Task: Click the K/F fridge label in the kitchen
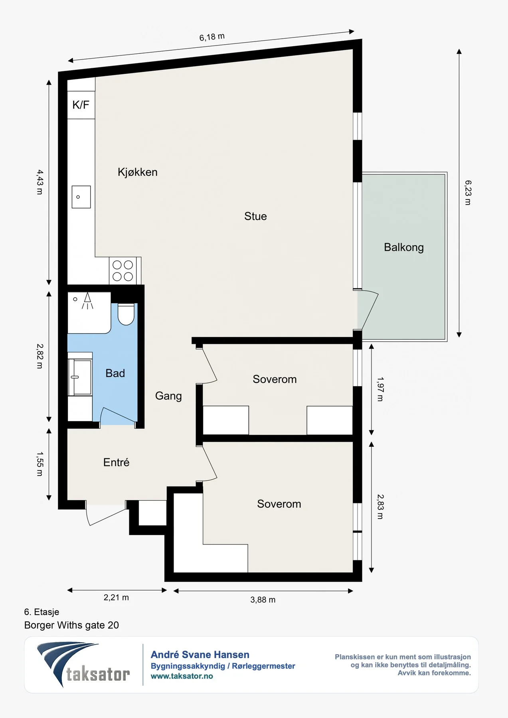[x=81, y=105]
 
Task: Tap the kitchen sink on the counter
[x=81, y=197]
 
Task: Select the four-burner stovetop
[x=123, y=271]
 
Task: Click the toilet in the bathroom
[x=126, y=314]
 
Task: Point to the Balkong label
[x=404, y=248]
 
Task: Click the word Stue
[x=255, y=216]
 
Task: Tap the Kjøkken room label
[x=138, y=172]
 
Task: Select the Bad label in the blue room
[x=115, y=373]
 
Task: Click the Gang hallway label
[x=168, y=396]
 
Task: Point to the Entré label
[x=116, y=462]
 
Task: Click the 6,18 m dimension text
[x=212, y=37]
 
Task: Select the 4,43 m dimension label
[x=40, y=182]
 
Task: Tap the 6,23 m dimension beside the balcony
[x=468, y=193]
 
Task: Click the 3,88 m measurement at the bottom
[x=263, y=600]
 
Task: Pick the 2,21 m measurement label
[x=116, y=598]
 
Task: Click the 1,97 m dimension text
[x=380, y=389]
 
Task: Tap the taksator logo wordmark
[x=98, y=675]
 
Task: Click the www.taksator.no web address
[x=182, y=676]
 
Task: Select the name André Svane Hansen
[x=200, y=655]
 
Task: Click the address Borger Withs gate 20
[x=71, y=625]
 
